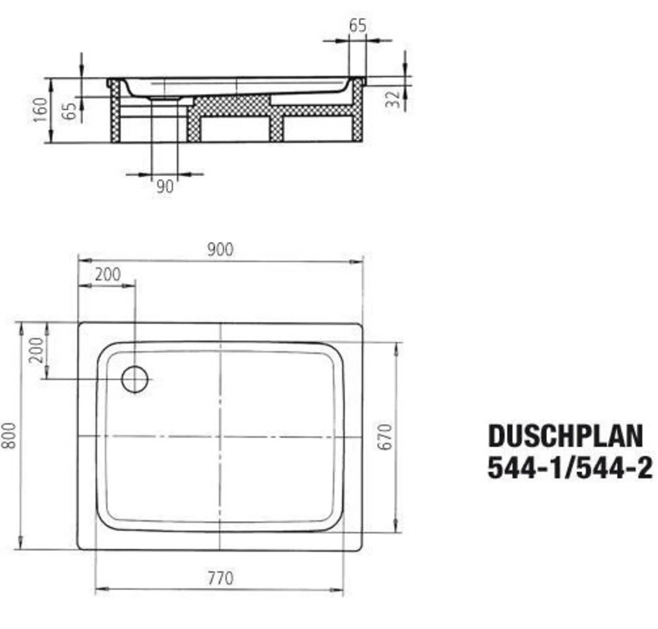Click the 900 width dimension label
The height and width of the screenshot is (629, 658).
pyautogui.click(x=220, y=249)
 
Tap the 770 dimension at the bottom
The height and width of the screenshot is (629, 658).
pyautogui.click(x=220, y=578)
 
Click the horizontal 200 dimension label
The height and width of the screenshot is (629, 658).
pyautogui.click(x=108, y=274)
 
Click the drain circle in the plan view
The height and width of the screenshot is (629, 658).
pyautogui.click(x=135, y=379)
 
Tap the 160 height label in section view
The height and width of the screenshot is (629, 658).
pyautogui.click(x=41, y=110)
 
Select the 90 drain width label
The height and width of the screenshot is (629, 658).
pyautogui.click(x=165, y=187)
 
